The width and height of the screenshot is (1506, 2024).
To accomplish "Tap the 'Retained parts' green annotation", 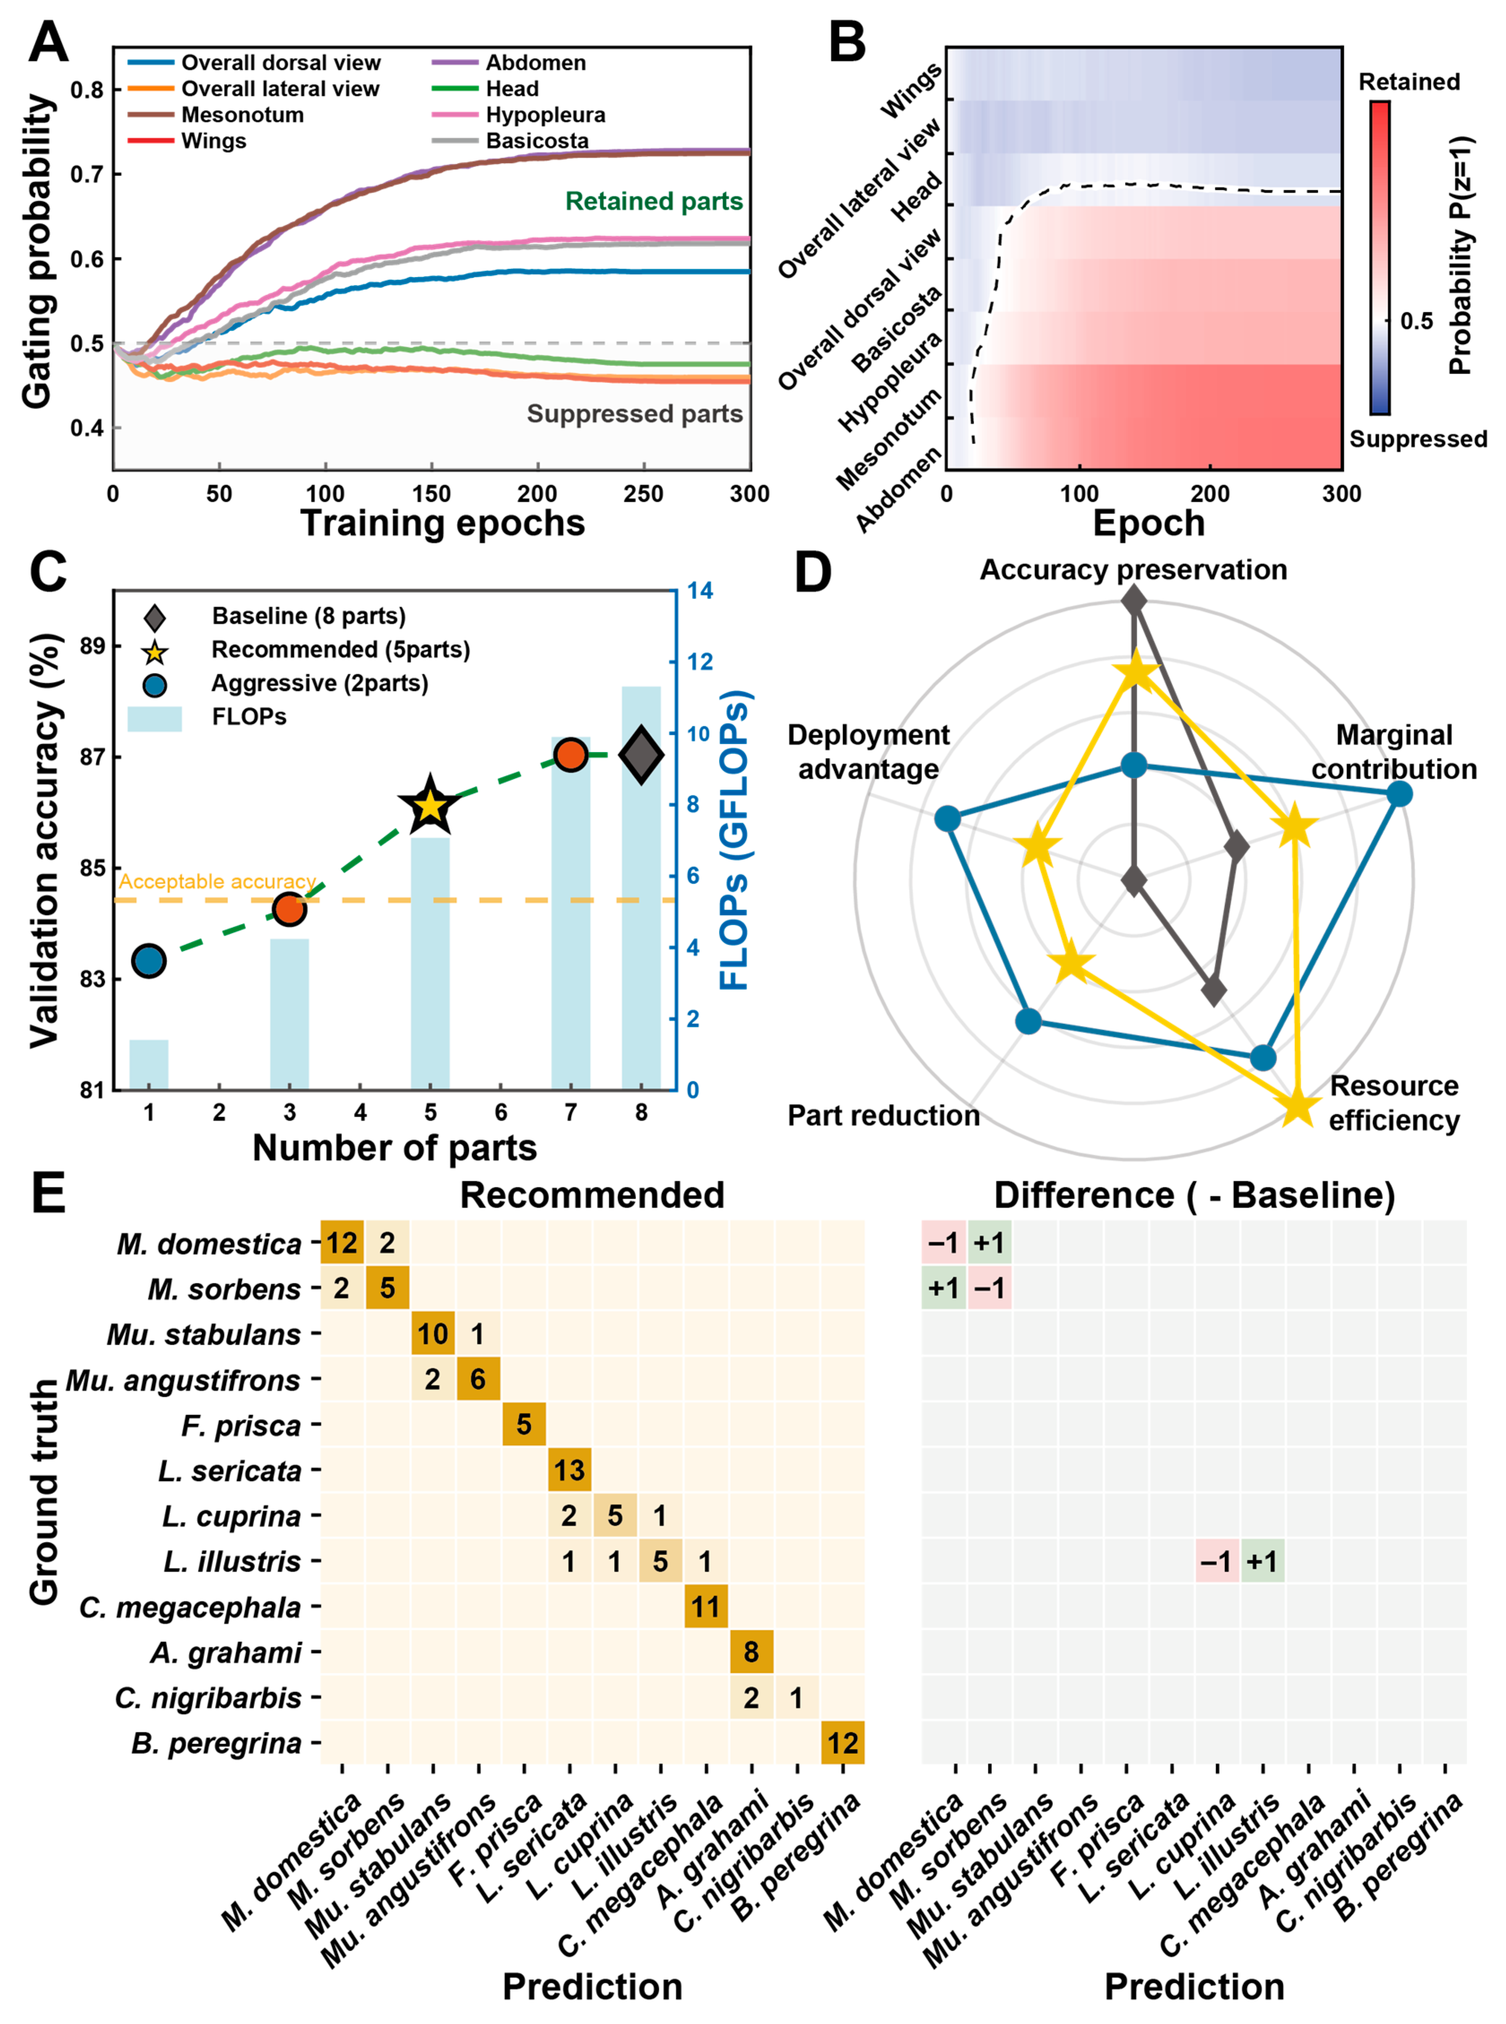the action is click(653, 201).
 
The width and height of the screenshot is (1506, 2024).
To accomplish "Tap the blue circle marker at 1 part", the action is click(149, 961).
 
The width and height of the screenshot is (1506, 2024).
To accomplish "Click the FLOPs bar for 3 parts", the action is click(289, 1014).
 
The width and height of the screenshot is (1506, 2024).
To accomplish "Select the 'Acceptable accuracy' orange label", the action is click(217, 881).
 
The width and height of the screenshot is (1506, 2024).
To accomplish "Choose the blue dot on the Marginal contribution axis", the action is click(1398, 794).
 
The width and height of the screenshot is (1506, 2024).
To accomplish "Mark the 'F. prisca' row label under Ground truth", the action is click(241, 1425).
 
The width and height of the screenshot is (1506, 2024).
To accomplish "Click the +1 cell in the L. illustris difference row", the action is click(1263, 1561).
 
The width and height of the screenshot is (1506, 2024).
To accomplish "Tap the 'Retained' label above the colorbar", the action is click(1409, 82).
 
